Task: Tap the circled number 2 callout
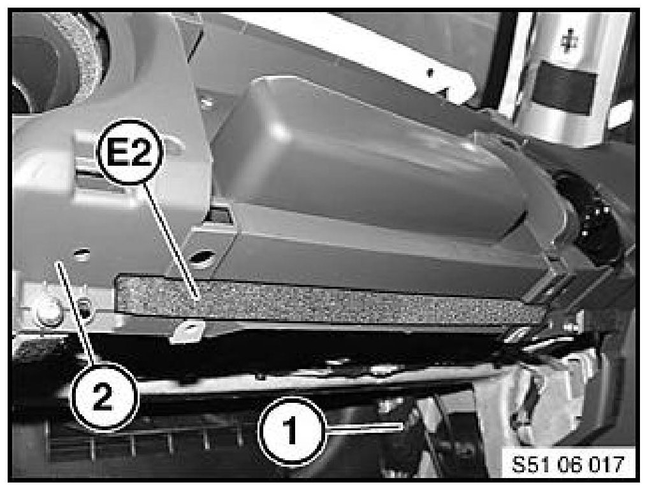point(103,398)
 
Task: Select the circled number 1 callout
point(291,431)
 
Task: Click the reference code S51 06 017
point(567,464)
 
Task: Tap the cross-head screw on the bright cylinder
point(569,41)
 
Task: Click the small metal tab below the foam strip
point(188,330)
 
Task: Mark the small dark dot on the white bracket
point(430,73)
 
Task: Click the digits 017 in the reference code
point(607,464)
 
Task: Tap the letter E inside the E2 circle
point(117,152)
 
